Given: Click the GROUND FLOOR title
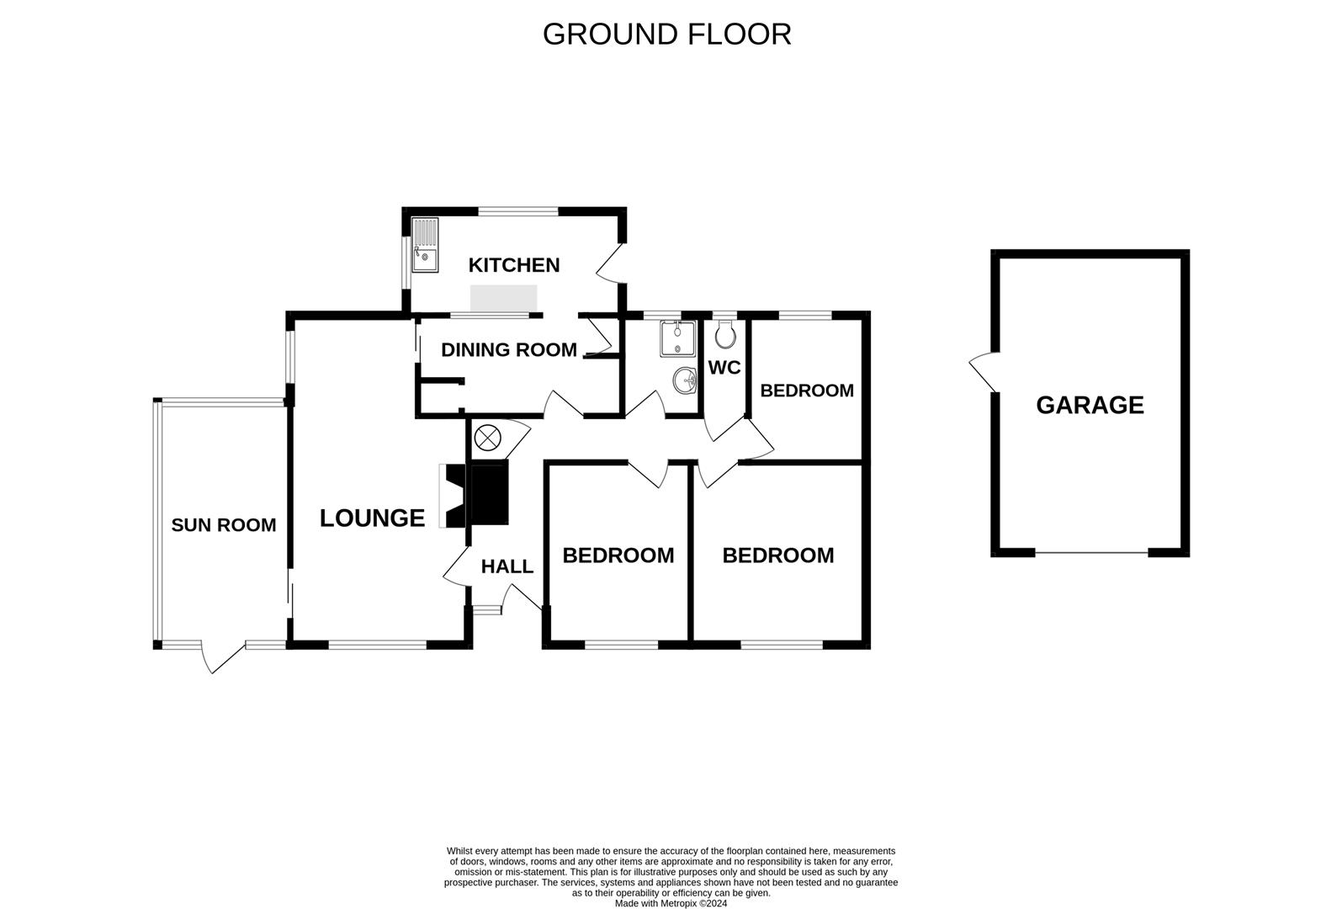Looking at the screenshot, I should pos(666,35).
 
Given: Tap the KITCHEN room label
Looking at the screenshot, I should pos(513,265).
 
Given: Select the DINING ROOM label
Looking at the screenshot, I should pos(509,349).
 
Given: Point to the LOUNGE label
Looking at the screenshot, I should pos(372,518).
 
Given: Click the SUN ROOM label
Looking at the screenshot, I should pos(223,525).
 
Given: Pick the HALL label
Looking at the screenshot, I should pos(507,566).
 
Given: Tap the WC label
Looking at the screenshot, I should pos(724,368).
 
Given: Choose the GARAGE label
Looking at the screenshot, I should pos(1090,405).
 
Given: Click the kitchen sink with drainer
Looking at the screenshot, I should pos(426,245).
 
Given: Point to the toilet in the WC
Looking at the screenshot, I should pos(724,334).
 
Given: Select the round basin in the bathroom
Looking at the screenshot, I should pos(686,381).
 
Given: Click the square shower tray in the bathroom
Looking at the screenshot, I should pos(677,338).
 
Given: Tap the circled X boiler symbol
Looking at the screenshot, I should pos(486,438).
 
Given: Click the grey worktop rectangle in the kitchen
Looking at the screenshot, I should pos(503,298).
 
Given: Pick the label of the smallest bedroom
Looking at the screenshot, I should pos(806,391).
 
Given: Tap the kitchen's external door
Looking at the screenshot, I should pos(610,265).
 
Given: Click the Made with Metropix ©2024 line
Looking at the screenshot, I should pos(671,904).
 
